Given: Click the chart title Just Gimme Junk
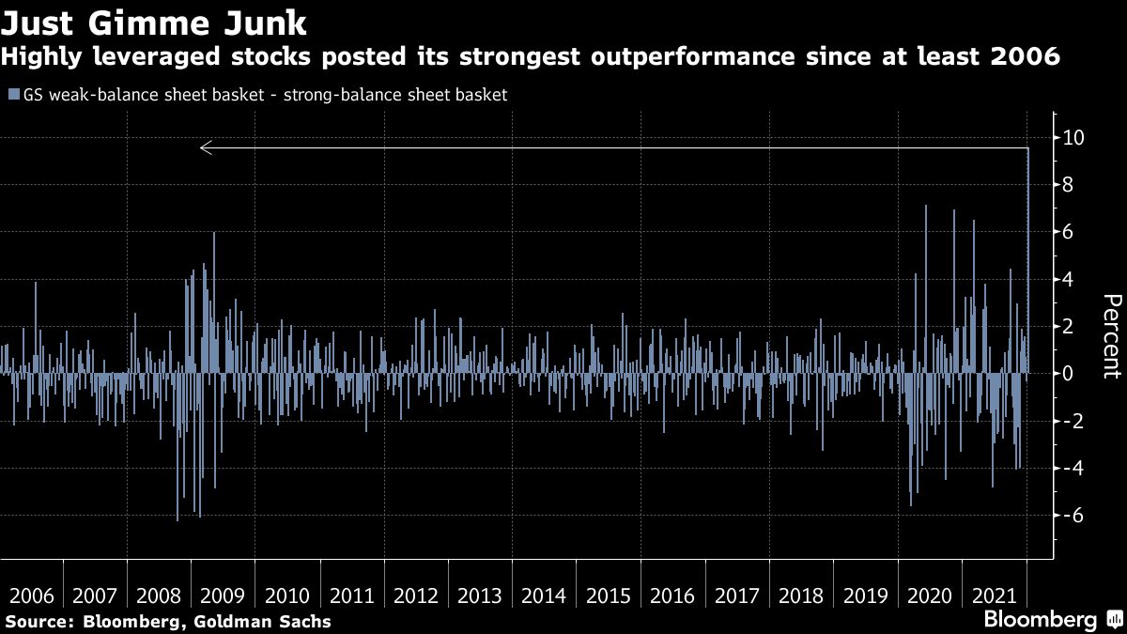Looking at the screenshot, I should click(153, 21).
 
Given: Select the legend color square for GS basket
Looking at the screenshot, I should click(11, 95).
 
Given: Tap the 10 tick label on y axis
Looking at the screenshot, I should click(1073, 138).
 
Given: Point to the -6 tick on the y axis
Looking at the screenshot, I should click(1073, 516).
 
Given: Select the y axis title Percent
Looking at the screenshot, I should click(1111, 336).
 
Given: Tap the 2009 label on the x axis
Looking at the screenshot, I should click(223, 595).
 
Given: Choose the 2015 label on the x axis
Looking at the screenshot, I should click(609, 595).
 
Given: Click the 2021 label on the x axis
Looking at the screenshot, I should click(995, 595).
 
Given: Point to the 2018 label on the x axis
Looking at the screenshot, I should click(801, 595).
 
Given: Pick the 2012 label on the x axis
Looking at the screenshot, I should click(415, 595).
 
